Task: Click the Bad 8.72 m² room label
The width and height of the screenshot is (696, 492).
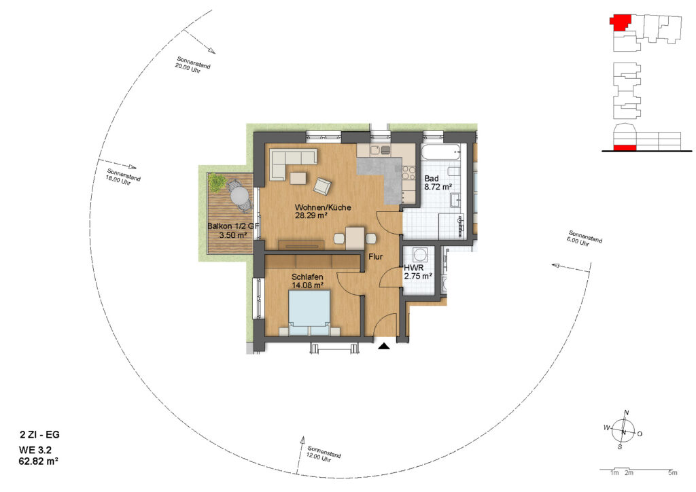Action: coord(438,183)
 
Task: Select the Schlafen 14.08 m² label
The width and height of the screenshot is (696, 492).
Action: coord(307,281)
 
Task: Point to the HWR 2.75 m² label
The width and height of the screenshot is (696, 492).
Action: coord(418,273)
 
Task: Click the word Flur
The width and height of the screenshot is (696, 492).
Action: coord(375,256)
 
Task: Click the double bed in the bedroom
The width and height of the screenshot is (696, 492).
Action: coord(309,313)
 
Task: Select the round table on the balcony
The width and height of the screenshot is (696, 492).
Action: coord(239,195)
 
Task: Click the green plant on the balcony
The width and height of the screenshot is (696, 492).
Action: coord(217,182)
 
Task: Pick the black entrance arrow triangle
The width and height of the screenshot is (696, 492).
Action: coord(384,346)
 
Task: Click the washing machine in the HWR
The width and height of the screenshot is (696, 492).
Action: coord(419,255)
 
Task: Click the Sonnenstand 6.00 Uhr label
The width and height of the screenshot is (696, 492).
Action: coord(583,239)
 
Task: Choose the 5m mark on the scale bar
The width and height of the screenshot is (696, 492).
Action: coord(673,473)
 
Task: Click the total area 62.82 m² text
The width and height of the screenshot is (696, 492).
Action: coord(39,461)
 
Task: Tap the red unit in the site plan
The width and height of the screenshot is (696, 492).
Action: coord(621,22)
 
